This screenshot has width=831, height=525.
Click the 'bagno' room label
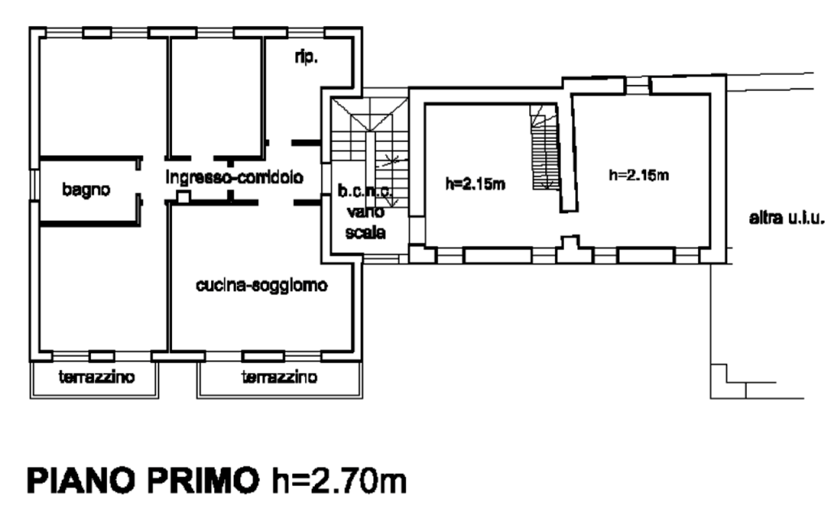tap(86, 190)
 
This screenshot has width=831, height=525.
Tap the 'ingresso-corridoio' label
tap(235, 177)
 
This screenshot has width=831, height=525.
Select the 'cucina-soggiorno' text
tap(262, 285)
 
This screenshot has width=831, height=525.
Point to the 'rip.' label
tap(306, 57)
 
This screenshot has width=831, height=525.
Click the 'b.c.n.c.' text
tap(366, 191)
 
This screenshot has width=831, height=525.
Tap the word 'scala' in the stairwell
tap(366, 232)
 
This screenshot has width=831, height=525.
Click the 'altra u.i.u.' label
tap(787, 217)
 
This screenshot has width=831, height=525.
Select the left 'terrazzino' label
tap(97, 377)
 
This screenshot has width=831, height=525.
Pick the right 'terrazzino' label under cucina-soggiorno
tap(279, 377)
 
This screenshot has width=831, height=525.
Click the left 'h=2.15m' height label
tap(476, 184)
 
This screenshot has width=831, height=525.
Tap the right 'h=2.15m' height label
tap(639, 174)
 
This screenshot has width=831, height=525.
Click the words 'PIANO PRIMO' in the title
tap(143, 480)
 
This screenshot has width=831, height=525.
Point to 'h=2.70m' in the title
tap(339, 480)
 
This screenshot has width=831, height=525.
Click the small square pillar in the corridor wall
tap(183, 198)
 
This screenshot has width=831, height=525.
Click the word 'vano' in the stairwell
tap(366, 212)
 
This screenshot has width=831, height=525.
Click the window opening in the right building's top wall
tap(637, 86)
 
